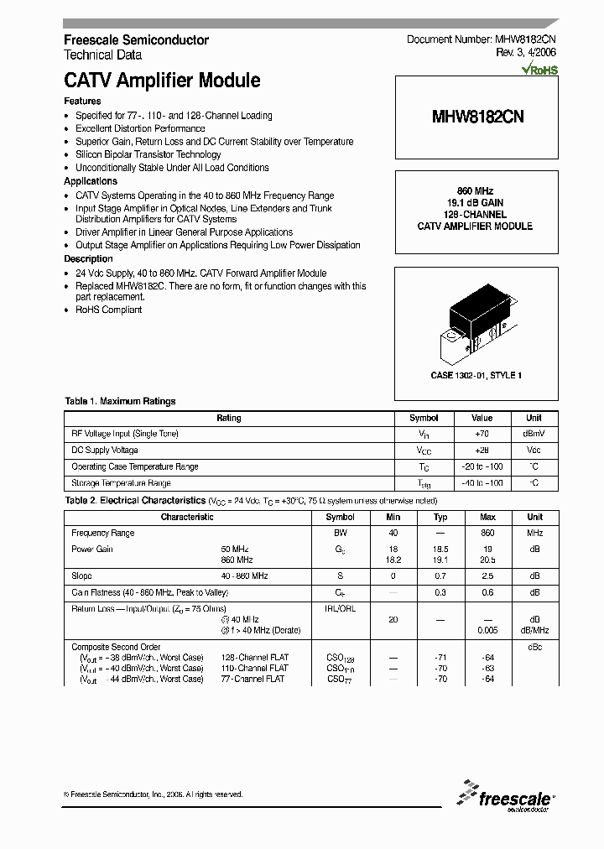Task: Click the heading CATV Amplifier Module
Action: point(162,81)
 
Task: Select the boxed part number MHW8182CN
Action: point(477,117)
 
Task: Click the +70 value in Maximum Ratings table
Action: point(482,434)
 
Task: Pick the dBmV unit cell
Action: point(534,434)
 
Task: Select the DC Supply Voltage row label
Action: point(104,450)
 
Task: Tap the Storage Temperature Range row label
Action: point(121,482)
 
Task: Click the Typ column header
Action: point(440,517)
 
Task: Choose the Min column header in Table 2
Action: point(393,517)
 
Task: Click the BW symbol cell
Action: point(340,533)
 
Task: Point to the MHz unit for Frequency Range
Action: point(534,533)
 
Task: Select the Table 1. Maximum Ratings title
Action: point(120,401)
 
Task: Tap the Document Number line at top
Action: point(482,39)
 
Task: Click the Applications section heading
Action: point(91,181)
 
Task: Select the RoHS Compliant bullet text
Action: point(109,310)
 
